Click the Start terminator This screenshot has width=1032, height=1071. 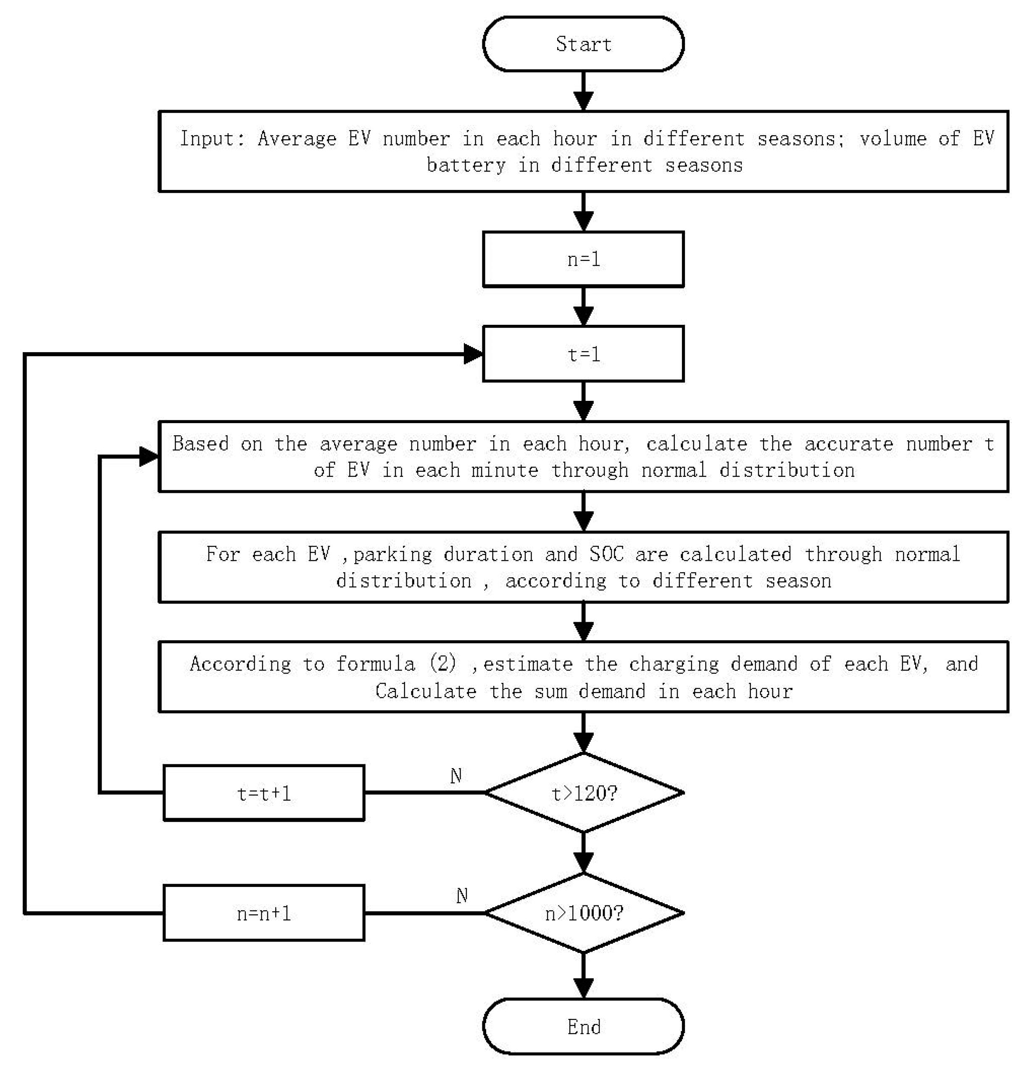[x=583, y=44]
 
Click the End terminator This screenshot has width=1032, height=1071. [x=583, y=1027]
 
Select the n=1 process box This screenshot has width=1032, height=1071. [x=583, y=259]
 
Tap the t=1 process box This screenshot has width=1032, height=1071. [x=583, y=354]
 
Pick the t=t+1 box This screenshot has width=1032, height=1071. [x=263, y=793]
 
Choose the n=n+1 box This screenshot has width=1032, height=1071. [x=263, y=913]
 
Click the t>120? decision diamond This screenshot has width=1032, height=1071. [x=584, y=793]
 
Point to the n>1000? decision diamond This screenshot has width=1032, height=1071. [x=584, y=913]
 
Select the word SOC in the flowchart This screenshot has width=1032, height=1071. [x=606, y=554]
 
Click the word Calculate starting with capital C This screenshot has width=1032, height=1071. [x=426, y=691]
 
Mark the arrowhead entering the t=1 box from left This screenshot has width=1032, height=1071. [x=473, y=354]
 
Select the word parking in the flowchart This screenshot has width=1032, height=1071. [x=392, y=555]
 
